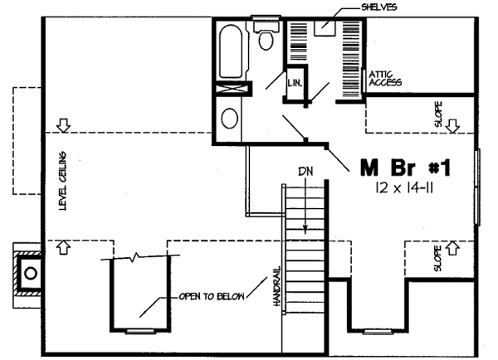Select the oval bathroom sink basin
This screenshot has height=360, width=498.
coord(229,117)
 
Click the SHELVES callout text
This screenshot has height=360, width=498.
coord(380,7)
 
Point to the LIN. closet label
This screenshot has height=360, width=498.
coord(294,84)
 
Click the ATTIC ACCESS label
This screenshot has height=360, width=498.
coord(384,78)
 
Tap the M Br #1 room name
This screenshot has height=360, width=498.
coord(405,168)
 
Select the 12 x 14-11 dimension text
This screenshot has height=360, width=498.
coord(406,189)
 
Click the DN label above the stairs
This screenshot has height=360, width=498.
coord(305,173)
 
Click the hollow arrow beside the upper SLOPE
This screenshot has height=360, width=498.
coord(453,126)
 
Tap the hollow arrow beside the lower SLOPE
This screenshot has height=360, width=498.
coord(453,246)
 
